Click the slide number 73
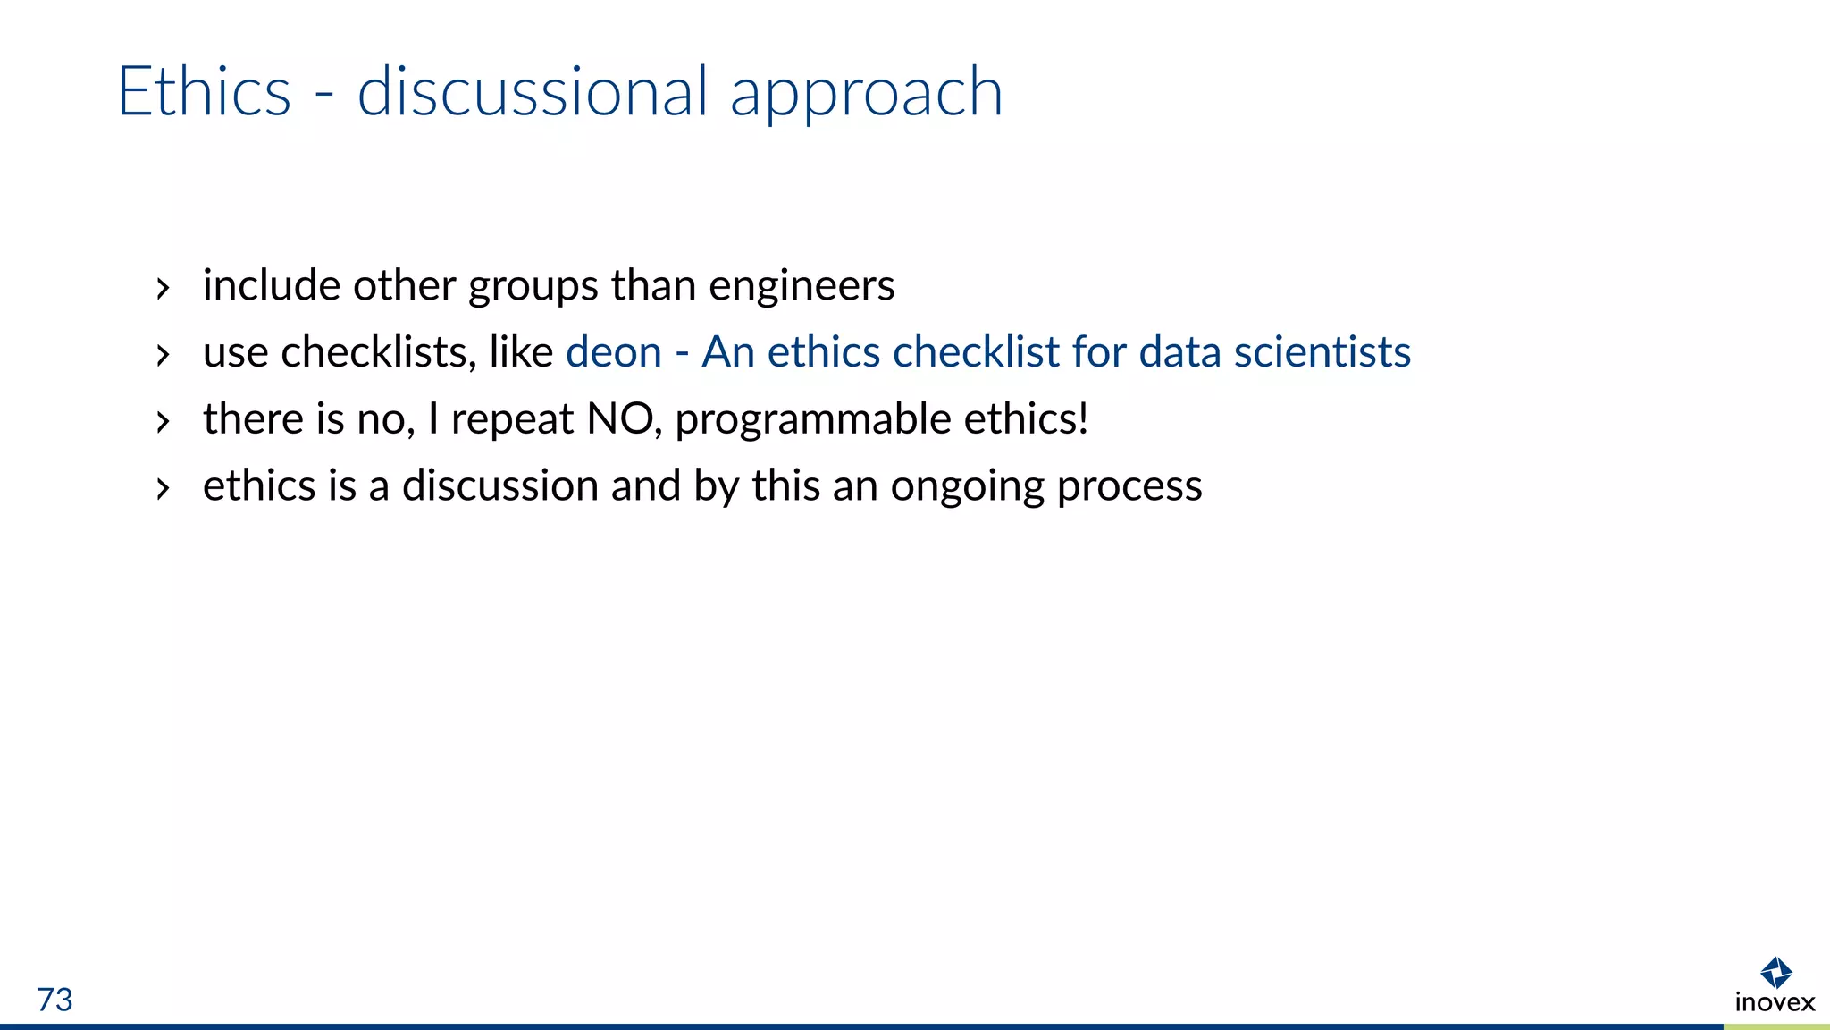point(55,1000)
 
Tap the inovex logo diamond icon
point(1775,972)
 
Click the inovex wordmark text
point(1775,1002)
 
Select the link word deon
point(614,351)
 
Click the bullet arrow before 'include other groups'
point(162,288)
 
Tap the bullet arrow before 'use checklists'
point(162,355)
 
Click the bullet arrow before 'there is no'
point(162,421)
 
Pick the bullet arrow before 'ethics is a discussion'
point(162,488)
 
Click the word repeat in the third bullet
point(511,420)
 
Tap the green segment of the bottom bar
point(1776,1026)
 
